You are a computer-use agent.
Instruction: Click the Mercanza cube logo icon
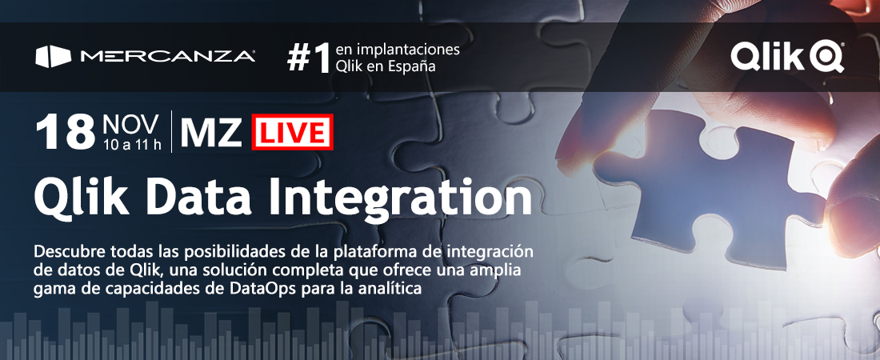coord(54,57)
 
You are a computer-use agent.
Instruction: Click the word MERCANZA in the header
coord(168,57)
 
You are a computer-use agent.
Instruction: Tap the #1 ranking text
coord(309,59)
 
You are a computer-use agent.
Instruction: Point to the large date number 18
coord(65,133)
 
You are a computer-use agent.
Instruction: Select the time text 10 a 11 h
coord(132,145)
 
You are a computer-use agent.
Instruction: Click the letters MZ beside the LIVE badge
coord(211,133)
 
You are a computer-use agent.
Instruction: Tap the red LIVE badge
coord(292,133)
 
